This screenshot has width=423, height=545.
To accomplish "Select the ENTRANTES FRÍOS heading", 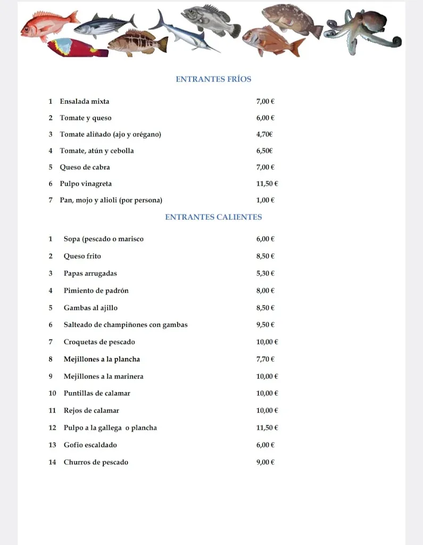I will point(213,79).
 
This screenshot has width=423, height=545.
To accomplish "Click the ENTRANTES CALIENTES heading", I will point(213,217).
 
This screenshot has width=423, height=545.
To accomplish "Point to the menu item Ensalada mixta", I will point(84,102).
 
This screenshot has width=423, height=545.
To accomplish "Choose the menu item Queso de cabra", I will point(85,167).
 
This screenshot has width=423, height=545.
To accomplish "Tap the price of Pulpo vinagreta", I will point(267,184).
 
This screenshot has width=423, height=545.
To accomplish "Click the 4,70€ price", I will point(264,135).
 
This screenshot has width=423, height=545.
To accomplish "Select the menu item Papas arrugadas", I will point(90,274).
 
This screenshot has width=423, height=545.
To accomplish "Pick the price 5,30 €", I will point(265,274).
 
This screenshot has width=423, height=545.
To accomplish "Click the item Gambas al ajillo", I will point(90,308).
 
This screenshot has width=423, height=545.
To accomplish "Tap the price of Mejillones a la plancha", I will point(265,359).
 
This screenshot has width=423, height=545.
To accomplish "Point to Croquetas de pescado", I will point(99,342).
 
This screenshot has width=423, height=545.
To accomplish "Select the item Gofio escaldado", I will point(90,445).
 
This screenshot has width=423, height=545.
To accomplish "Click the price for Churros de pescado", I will point(265,463).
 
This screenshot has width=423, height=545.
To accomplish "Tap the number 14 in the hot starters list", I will point(52,463).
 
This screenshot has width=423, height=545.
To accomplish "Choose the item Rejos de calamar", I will point(91,410).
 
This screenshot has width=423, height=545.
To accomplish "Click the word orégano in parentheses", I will point(144,135).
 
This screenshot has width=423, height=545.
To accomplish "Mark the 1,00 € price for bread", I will point(265,201).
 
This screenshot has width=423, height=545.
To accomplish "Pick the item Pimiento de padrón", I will point(96,291).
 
